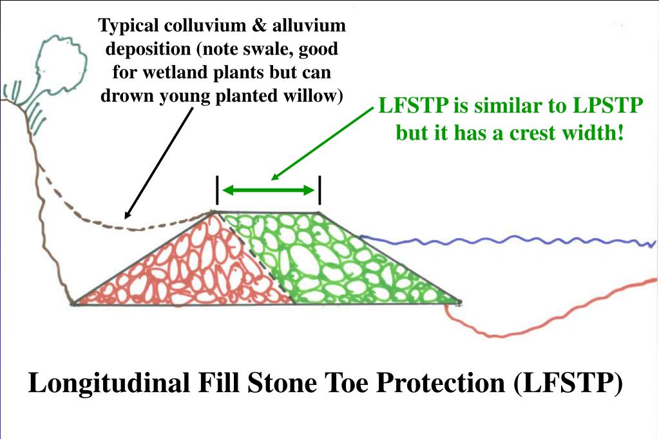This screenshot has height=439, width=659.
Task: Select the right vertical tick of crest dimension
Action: [320, 189]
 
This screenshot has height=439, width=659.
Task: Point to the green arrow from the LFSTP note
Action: [322, 145]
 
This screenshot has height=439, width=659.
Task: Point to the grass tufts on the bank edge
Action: [26, 103]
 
